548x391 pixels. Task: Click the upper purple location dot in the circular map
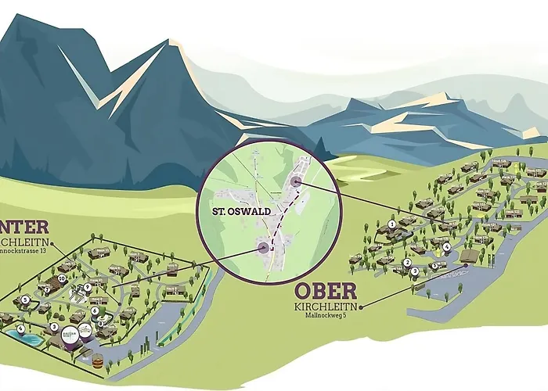click(x=296, y=182)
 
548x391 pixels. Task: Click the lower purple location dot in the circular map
click(x=262, y=248)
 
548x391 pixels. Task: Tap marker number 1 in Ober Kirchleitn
click(x=391, y=224)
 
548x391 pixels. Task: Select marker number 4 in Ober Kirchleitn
click(x=446, y=246)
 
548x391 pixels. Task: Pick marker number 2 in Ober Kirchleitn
click(x=407, y=263)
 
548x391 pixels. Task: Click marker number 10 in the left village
click(x=61, y=278)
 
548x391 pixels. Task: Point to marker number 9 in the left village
click(x=88, y=286)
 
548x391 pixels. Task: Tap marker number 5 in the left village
click(x=25, y=300)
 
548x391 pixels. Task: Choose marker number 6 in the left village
click(x=95, y=310)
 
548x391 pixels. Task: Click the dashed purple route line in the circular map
click(x=279, y=215)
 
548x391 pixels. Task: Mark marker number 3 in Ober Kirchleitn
click(x=414, y=271)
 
